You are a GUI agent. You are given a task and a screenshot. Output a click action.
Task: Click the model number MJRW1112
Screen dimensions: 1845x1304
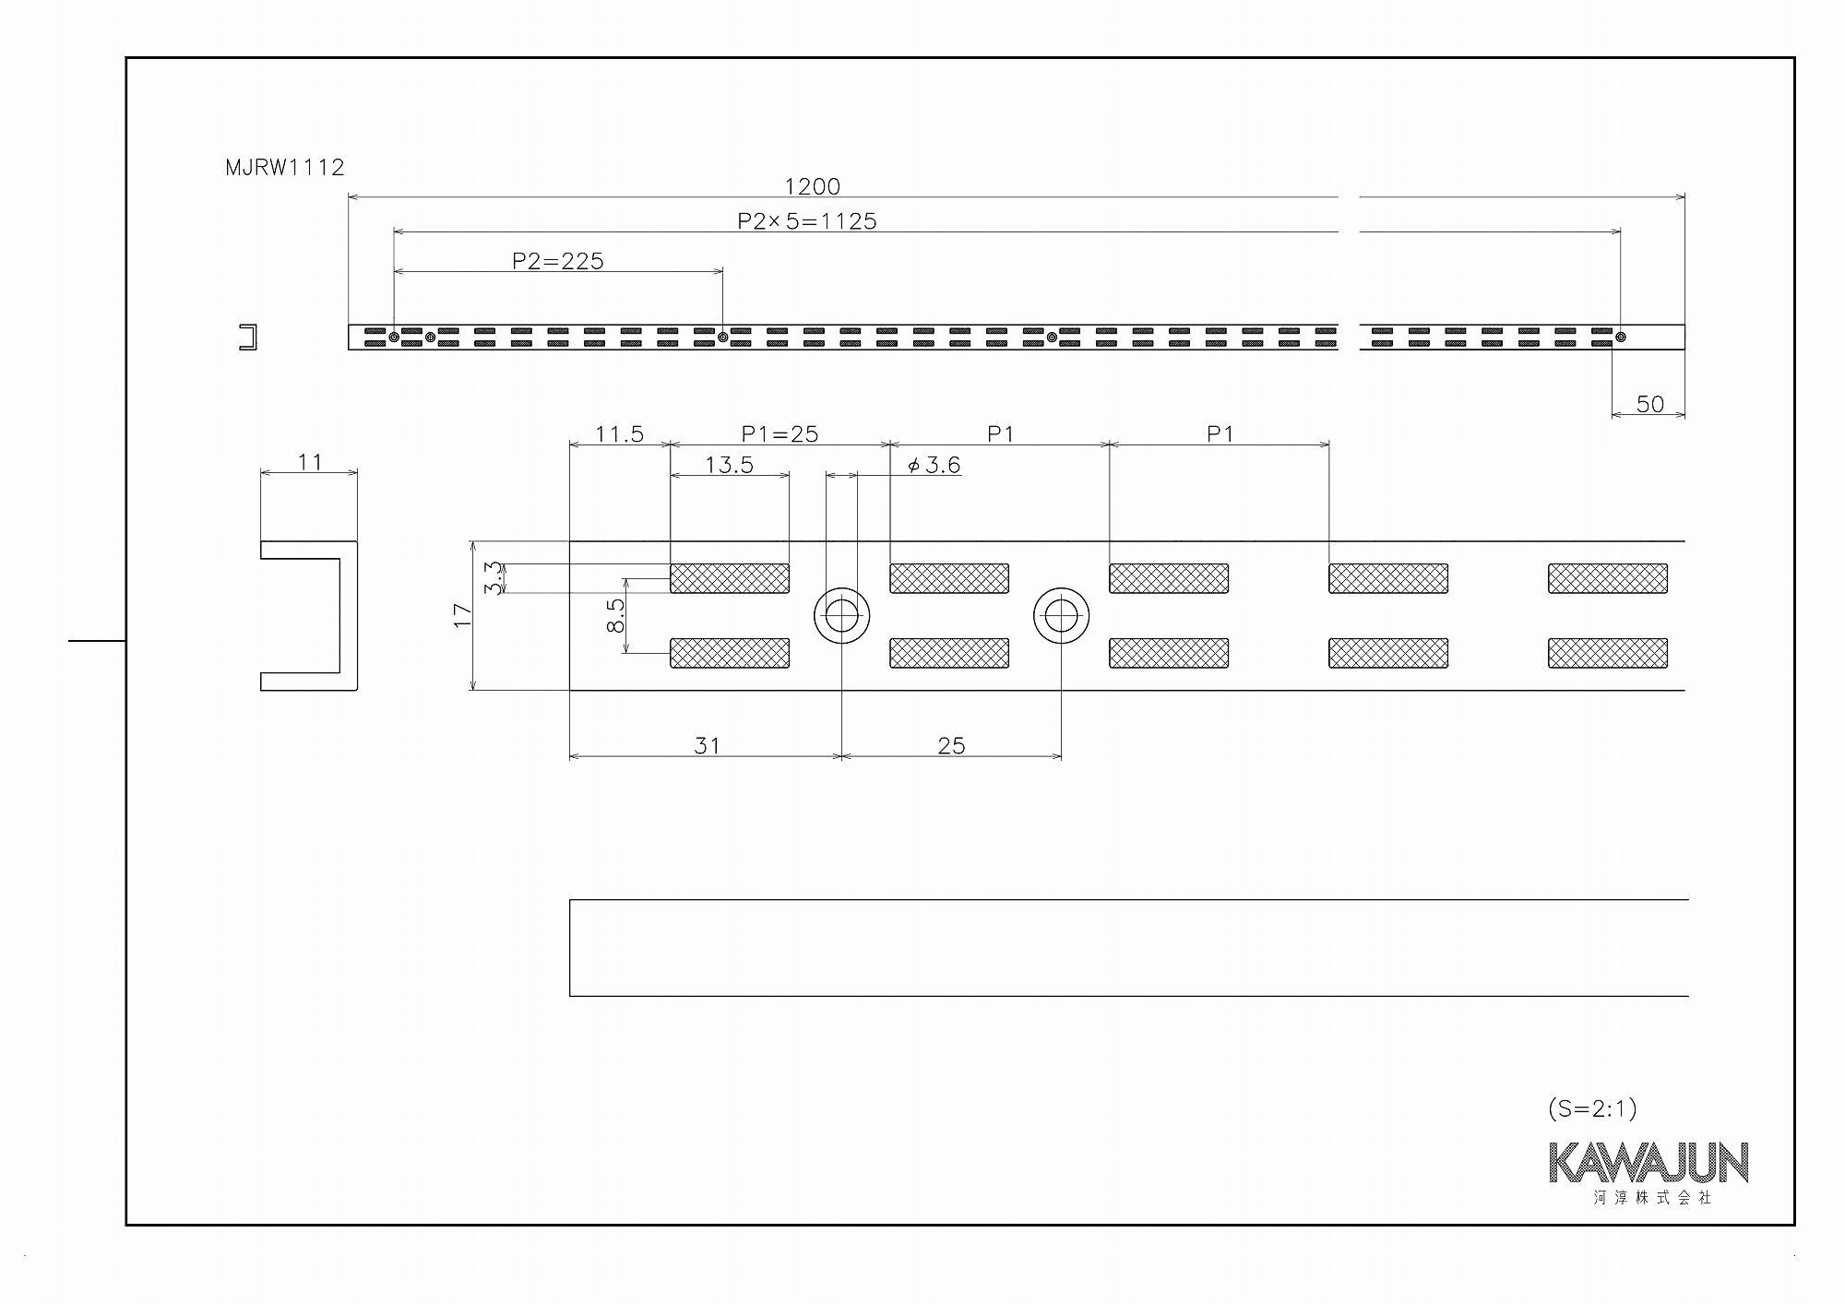coord(285,167)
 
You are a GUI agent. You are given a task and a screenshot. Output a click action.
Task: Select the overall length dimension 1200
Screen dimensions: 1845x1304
coord(812,186)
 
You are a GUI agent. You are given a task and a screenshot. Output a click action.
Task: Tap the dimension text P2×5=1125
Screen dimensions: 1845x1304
coord(807,221)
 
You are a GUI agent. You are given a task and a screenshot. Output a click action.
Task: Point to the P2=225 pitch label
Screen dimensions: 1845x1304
coord(558,261)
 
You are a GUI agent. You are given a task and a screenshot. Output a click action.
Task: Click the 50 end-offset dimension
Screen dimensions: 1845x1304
coord(1650,404)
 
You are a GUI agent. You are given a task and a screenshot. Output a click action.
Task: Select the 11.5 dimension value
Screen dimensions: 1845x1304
coord(619,433)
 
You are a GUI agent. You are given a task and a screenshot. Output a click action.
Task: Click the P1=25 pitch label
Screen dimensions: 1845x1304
coord(780,433)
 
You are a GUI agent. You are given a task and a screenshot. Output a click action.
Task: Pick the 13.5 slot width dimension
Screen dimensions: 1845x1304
coord(729,465)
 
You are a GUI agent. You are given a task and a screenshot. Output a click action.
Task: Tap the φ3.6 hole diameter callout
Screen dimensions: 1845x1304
coord(934,465)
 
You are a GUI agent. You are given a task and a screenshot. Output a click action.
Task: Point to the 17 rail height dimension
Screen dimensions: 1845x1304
coord(462,615)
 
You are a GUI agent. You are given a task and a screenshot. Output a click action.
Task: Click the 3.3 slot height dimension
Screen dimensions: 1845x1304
coord(494,578)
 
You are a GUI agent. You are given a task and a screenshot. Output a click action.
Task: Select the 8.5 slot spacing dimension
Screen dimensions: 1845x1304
coord(616,615)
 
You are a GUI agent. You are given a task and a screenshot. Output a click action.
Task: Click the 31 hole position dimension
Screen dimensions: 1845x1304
coord(707,745)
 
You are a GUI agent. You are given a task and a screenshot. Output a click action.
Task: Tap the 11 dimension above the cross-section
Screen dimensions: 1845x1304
coord(310,461)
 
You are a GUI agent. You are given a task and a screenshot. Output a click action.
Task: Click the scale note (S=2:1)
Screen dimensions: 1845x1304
coord(1593,1108)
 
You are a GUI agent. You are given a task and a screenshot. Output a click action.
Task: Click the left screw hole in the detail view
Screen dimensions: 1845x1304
coord(841,615)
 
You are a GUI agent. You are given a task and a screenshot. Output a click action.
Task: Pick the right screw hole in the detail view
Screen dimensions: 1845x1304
coord(1061,615)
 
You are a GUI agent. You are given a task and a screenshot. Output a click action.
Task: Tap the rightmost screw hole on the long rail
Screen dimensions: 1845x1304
coord(1621,337)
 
